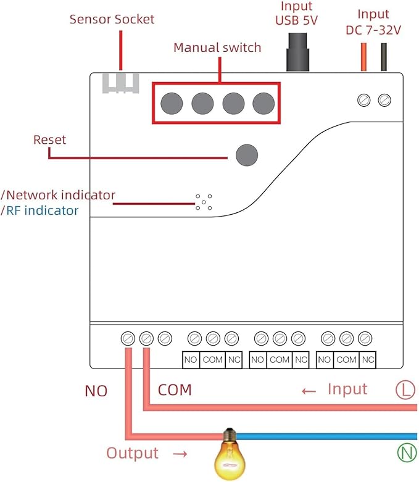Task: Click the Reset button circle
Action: pos(247,156)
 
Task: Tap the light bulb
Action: pos(230,454)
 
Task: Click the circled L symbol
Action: pos(405,390)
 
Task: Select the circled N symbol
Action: pos(407,453)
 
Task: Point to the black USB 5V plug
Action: pos(297,52)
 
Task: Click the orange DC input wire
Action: pos(363,57)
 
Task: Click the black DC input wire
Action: pos(384,57)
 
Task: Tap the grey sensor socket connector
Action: pos(120,83)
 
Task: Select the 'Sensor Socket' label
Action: pos(112,19)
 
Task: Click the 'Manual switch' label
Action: pos(217,48)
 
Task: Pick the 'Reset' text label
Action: pos(49,140)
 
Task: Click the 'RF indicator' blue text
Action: pos(42,210)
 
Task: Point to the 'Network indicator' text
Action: pos(60,195)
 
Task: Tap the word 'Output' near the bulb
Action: pos(133,453)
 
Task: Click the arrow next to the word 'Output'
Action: pos(180,454)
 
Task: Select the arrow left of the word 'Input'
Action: pos(309,391)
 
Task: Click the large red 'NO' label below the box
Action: pos(96,391)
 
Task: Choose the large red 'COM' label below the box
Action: pos(175,390)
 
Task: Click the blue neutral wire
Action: pos(326,436)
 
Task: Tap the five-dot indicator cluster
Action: pos(204,202)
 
